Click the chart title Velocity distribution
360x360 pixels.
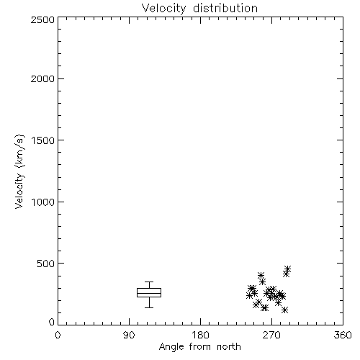click(199, 9)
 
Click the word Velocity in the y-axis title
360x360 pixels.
click(19, 191)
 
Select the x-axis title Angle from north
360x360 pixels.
click(199, 347)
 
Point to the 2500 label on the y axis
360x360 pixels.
click(42, 19)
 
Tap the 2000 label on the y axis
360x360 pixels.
click(42, 78)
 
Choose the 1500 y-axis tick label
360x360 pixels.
click(43, 140)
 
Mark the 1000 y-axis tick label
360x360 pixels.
click(43, 202)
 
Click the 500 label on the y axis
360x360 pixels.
click(46, 264)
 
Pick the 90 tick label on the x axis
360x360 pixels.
click(129, 335)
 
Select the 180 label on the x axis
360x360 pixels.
click(200, 335)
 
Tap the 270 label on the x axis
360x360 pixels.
click(271, 335)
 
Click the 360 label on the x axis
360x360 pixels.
click(343, 335)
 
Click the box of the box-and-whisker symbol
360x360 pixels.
click(149, 289)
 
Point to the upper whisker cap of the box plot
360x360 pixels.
click(149, 282)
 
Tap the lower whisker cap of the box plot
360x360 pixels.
click(149, 307)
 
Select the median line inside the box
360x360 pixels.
click(149, 293)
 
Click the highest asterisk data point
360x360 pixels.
click(287, 269)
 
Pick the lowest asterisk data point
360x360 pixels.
click(284, 310)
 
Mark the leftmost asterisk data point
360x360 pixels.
click(249, 295)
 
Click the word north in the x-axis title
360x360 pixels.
click(229, 347)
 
